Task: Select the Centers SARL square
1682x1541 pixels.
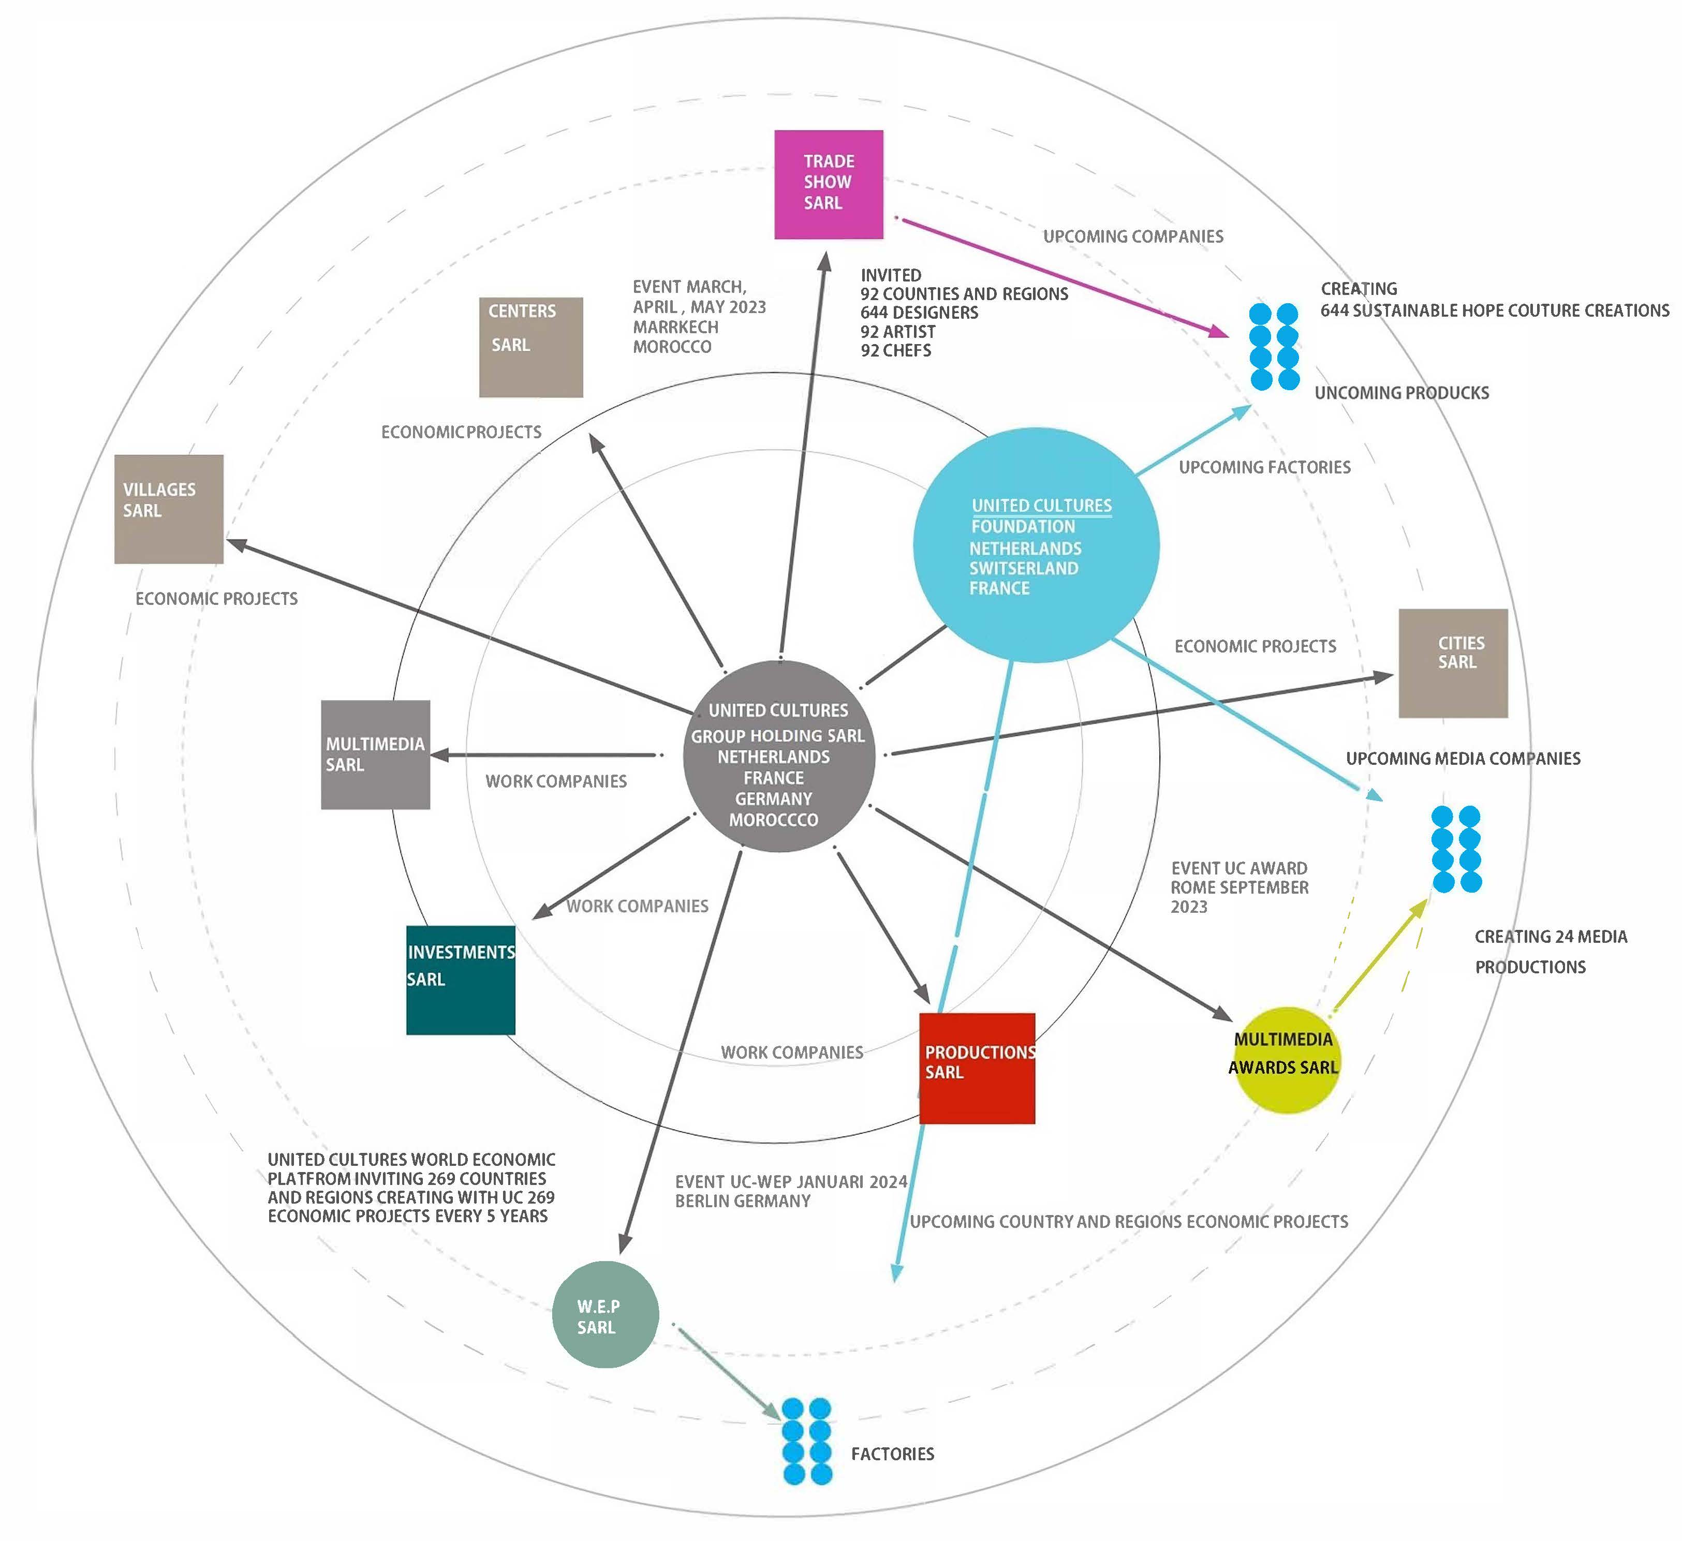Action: (x=530, y=347)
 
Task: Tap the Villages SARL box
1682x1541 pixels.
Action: (x=169, y=509)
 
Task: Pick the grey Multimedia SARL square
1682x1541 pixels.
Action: (x=375, y=754)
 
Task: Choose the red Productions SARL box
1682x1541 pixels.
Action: (x=977, y=1068)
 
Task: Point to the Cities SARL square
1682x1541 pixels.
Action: (x=1453, y=663)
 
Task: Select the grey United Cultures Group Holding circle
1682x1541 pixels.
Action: (x=778, y=756)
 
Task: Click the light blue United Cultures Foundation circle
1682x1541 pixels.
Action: (x=1036, y=545)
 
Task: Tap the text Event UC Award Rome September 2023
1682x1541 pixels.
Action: (x=1239, y=887)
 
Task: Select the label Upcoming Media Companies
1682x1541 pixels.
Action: (x=1463, y=759)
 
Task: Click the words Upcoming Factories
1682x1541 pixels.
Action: (x=1264, y=467)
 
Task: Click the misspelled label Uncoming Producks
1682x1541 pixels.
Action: (x=1401, y=393)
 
